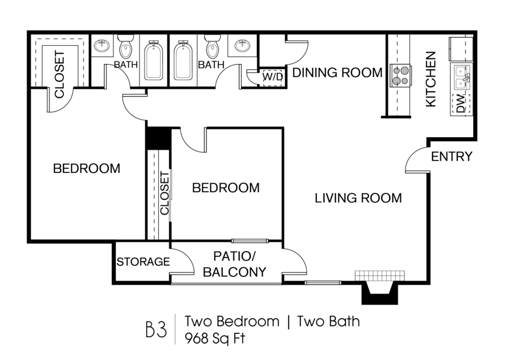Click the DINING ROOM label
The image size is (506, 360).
coord(337,73)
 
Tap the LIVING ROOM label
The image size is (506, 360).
coord(358,198)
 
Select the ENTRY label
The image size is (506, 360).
coord(451,156)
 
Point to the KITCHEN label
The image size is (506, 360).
coord(431,79)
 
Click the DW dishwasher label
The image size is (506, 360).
coord(460,104)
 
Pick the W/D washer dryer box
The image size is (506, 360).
coord(272,76)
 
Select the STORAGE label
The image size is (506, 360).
coord(143,262)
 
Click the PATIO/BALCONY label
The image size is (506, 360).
coord(239,265)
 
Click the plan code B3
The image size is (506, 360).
coord(156,330)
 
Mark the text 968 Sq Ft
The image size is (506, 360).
coord(214,338)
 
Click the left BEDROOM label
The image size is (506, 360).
coord(86,168)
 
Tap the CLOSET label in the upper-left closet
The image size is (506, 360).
coord(59,74)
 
